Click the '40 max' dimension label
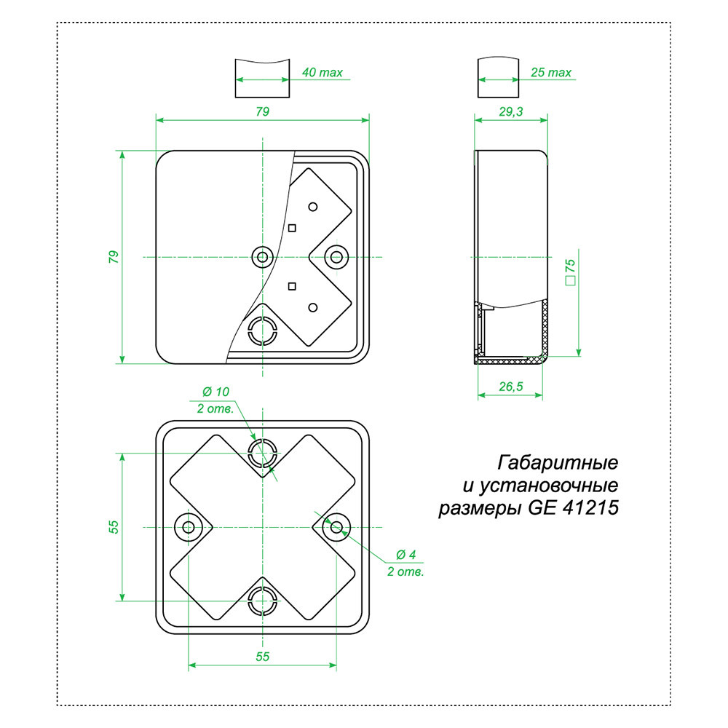[321, 74]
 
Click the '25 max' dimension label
[551, 74]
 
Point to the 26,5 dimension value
[510, 387]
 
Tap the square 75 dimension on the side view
[570, 270]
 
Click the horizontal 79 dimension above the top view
[262, 111]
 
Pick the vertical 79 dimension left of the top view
[113, 256]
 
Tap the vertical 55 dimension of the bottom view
[114, 526]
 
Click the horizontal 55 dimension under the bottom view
[262, 657]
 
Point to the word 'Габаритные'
[558, 462]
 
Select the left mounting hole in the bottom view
[189, 526]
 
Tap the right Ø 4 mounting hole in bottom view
[336, 526]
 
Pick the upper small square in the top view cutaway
[292, 228]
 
